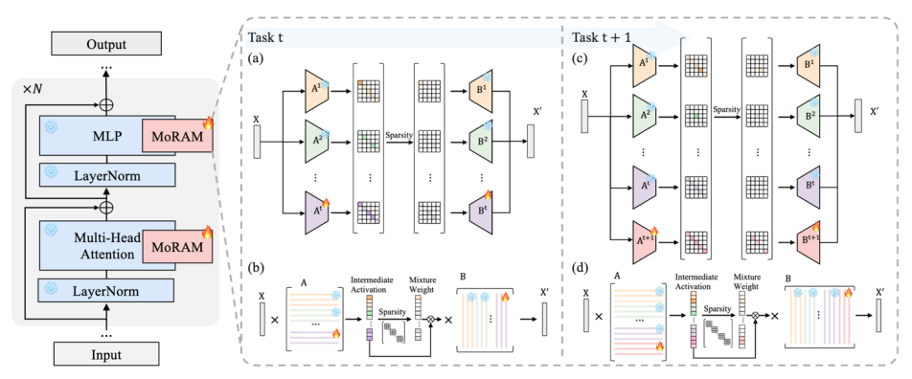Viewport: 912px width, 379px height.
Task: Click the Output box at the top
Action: coord(105,45)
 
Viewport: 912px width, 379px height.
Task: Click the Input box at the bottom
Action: coord(105,354)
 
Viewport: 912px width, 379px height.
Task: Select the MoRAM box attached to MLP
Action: coord(177,137)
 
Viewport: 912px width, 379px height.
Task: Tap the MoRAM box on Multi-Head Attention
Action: coord(177,247)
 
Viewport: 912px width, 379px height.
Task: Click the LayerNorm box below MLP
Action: coord(107,175)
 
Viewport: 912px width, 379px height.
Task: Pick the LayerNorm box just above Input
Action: coord(107,288)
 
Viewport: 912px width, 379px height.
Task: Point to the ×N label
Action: coord(31,91)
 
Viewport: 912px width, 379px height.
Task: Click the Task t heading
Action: coord(266,37)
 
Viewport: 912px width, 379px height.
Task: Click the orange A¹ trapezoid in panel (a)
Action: coord(316,91)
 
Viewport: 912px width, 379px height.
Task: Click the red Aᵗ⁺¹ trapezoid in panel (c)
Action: coord(646,238)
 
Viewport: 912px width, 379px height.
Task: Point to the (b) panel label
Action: coord(257,269)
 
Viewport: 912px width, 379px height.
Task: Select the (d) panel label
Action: coord(581,269)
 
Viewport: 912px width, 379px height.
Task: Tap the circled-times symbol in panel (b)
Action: coord(431,319)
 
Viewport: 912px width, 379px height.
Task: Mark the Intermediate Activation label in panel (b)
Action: coord(370,282)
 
